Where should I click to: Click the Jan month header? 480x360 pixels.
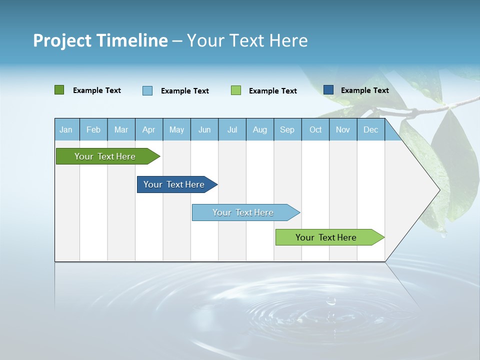pos(66,129)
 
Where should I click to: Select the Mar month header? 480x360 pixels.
pos(121,129)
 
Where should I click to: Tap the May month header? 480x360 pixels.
pos(176,129)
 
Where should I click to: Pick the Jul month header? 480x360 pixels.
pos(232,129)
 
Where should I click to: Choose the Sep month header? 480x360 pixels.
pos(287,129)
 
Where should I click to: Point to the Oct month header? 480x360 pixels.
pos(315,129)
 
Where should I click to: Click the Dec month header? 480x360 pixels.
pos(370,129)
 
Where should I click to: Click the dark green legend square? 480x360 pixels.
pos(59,90)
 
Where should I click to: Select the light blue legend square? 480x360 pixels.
pos(147,90)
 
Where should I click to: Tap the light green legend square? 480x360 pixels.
pos(236,90)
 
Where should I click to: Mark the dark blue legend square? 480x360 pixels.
pos(328,90)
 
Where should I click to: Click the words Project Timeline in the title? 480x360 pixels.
pos(100,40)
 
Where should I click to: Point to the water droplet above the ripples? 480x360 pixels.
pos(330,301)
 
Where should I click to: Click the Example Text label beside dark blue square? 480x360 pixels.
pos(364,90)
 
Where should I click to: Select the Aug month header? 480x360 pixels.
pos(259,129)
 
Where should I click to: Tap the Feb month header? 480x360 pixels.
pos(93,129)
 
